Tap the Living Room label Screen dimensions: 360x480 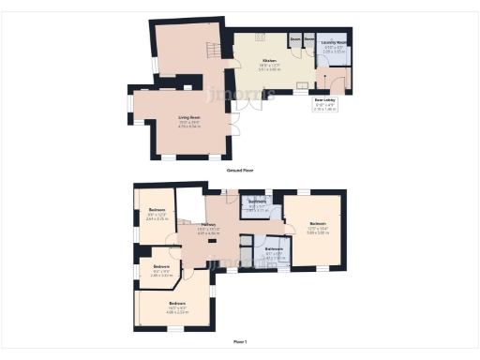[x=190, y=117]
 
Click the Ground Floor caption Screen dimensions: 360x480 [x=240, y=171]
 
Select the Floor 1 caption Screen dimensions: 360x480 [x=240, y=343]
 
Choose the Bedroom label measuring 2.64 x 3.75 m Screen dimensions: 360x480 [x=157, y=210]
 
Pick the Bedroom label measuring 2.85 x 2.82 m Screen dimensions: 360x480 [x=161, y=267]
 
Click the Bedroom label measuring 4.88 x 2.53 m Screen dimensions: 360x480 [x=177, y=305]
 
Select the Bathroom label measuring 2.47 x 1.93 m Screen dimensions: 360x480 [x=274, y=248]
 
